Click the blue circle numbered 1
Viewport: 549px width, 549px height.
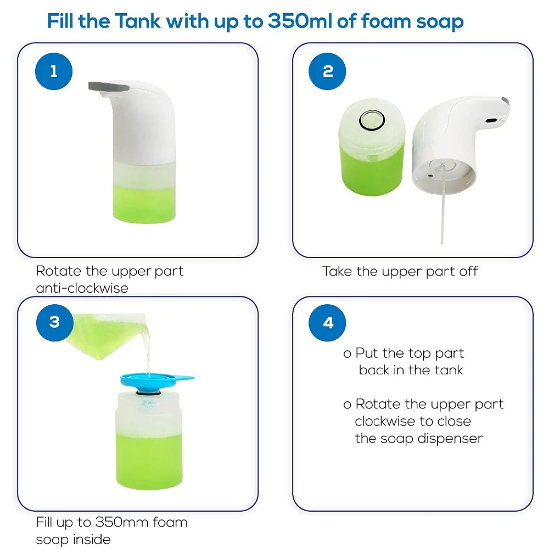point(54,71)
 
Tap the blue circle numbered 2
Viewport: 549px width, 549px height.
point(328,71)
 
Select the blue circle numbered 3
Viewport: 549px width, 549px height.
point(54,321)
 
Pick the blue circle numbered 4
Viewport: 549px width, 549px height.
point(328,322)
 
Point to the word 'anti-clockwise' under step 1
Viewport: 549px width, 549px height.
point(82,288)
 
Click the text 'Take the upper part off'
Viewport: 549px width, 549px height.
point(400,271)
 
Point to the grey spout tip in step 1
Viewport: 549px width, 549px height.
point(108,85)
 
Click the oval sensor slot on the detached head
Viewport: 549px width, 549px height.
point(491,119)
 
